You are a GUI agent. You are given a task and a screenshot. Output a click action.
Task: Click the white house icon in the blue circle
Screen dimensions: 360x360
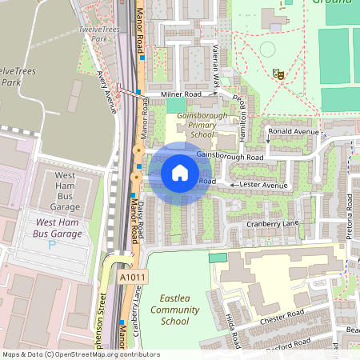tap(179, 172)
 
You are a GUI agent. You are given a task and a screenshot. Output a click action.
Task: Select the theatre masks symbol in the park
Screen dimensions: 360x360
tap(279, 74)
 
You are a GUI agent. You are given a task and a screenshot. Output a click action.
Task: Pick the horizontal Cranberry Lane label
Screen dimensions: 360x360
tap(272, 222)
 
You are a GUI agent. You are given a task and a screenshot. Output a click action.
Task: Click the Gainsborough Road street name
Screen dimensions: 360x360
tap(230, 156)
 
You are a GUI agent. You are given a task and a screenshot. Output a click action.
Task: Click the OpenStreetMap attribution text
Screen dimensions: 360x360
tap(80, 354)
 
